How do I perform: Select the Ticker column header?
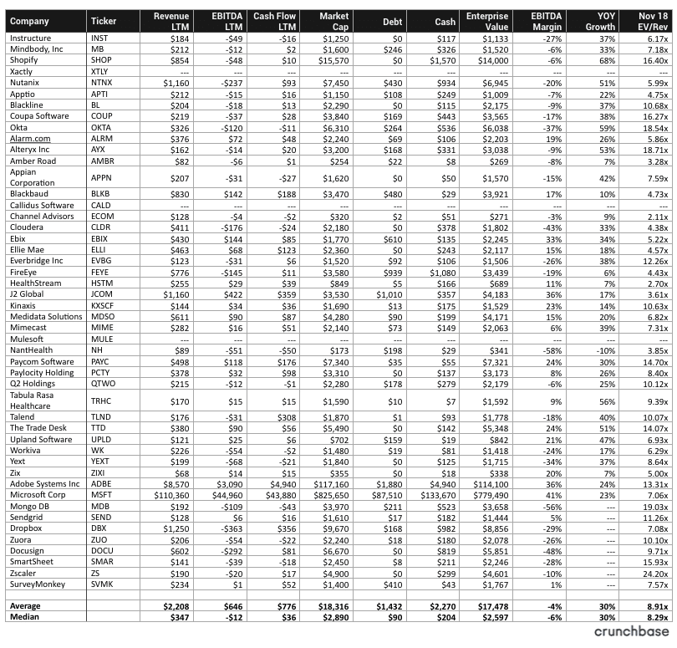pyautogui.click(x=103, y=21)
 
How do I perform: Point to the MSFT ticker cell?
pyautogui.click(x=100, y=495)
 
